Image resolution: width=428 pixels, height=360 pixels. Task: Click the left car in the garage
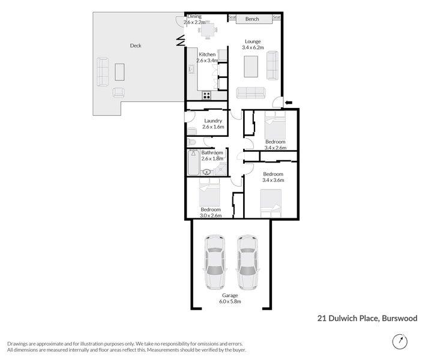click(214, 262)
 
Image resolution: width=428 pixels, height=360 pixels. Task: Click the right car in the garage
click(247, 262)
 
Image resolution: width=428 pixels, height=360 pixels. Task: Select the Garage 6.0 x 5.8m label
click(231, 299)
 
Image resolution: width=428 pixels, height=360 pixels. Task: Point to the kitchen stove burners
click(206, 95)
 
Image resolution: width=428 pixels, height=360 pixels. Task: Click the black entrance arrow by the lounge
click(289, 103)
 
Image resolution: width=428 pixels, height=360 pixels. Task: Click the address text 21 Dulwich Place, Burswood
click(367, 319)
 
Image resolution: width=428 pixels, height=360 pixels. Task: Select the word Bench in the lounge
click(252, 19)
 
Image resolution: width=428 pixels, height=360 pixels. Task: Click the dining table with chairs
click(208, 28)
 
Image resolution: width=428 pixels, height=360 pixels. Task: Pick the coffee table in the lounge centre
click(250, 66)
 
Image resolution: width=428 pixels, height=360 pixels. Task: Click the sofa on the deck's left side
click(103, 71)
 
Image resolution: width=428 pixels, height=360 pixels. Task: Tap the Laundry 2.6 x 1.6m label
click(213, 124)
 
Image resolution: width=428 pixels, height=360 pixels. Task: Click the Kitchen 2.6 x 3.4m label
click(206, 58)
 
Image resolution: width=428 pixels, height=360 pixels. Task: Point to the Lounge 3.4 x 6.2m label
click(253, 44)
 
